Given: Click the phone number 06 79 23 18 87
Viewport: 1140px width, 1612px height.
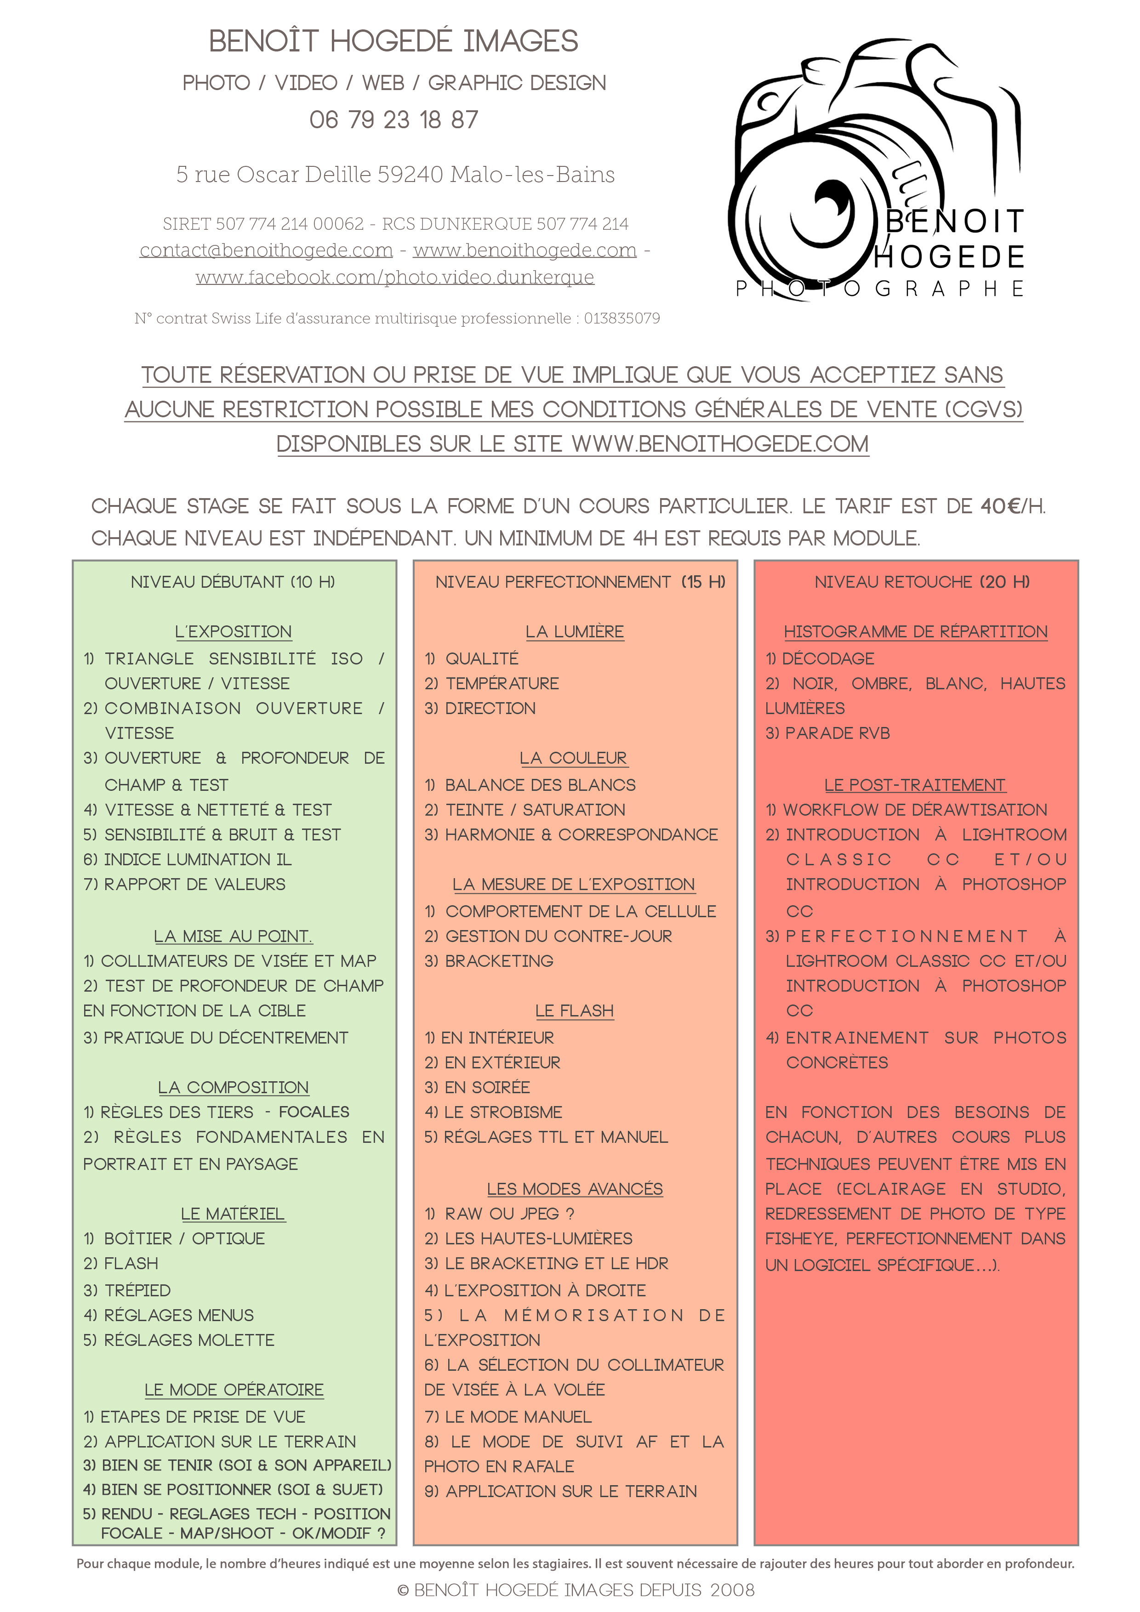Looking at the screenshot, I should [393, 120].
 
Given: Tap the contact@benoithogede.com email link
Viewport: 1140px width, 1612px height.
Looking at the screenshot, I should [266, 250].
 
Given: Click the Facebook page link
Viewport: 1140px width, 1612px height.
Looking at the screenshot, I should [395, 278].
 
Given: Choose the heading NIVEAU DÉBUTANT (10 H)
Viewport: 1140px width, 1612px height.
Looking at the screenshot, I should [233, 582].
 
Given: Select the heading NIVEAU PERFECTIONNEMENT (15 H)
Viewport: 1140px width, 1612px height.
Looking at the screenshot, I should [580, 582].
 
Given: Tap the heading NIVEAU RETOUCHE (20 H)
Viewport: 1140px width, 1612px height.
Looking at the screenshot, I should [922, 582].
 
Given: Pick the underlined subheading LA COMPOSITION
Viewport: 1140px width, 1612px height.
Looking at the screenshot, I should [233, 1088].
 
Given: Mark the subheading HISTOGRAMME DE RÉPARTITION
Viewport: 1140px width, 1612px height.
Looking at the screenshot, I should [915, 632].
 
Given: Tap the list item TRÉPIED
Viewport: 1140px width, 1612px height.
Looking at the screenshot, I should [137, 1290].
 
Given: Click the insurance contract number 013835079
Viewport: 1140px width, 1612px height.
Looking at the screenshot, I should [621, 319].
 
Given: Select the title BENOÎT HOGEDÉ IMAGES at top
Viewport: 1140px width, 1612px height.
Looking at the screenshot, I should [393, 41].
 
